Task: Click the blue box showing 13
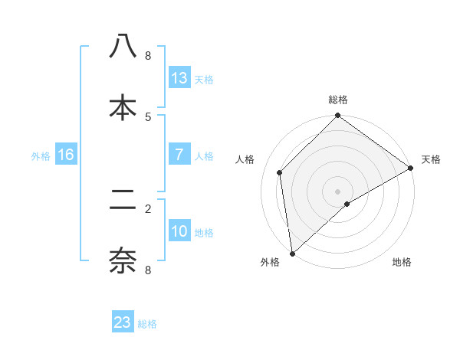click(x=179, y=77)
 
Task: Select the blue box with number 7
click(x=179, y=154)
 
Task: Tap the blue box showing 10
click(x=179, y=231)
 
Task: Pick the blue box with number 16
click(x=66, y=155)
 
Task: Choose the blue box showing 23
click(x=123, y=322)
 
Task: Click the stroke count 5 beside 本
click(x=148, y=116)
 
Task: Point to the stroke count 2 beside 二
click(x=148, y=208)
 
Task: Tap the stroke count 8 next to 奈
click(x=148, y=270)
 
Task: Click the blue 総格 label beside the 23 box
click(x=148, y=324)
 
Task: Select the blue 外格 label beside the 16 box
click(x=41, y=156)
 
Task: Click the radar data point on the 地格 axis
click(x=347, y=204)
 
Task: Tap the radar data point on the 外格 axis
click(x=292, y=254)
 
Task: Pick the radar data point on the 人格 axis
click(x=280, y=172)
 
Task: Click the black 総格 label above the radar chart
click(x=338, y=100)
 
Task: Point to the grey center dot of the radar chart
click(x=338, y=191)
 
